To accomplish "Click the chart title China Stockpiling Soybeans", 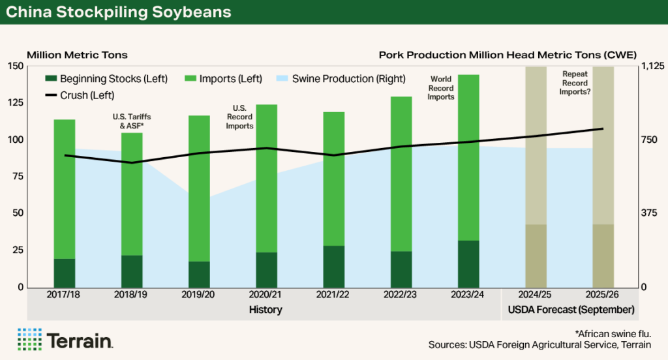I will [118, 12].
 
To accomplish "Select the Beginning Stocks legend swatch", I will [51, 79].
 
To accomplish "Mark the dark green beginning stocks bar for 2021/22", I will [333, 266].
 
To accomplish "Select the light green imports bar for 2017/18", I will [64, 189].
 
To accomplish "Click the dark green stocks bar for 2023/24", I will [468, 263].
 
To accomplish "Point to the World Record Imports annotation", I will [441, 88].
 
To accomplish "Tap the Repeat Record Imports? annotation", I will [575, 83].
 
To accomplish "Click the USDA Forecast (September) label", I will [568, 309].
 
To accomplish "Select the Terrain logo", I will [65, 339].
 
